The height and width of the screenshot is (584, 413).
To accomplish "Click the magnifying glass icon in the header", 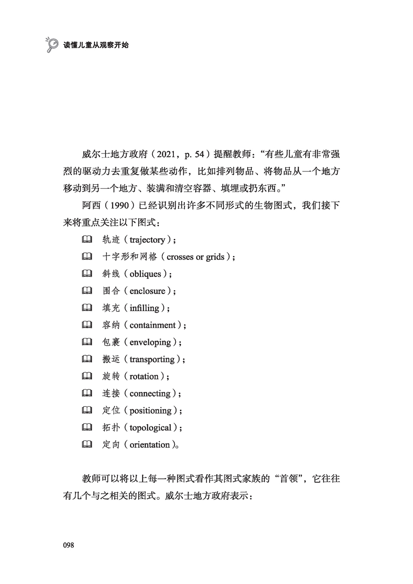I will pos(52,44).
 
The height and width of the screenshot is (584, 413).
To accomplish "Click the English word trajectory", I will pos(147,240).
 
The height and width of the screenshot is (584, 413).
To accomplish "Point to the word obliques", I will pos(145,274).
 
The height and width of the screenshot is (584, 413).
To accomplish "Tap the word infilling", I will pos(144,308).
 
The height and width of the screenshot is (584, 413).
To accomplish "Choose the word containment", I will pos(152,325).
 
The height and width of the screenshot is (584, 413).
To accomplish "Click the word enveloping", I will pos(150,342).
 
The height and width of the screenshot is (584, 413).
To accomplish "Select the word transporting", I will pos(152,359).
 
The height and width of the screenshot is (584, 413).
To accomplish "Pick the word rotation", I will pos(144,376).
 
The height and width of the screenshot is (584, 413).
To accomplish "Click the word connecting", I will pos(150,393).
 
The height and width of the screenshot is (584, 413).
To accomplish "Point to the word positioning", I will pos(151,411).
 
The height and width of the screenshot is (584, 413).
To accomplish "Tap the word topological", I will pos(151,428).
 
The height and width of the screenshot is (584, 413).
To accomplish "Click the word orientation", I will pos(150,445).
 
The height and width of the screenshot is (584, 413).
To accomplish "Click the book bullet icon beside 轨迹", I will pos(87,239).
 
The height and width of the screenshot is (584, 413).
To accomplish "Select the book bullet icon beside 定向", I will pos(87,444).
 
